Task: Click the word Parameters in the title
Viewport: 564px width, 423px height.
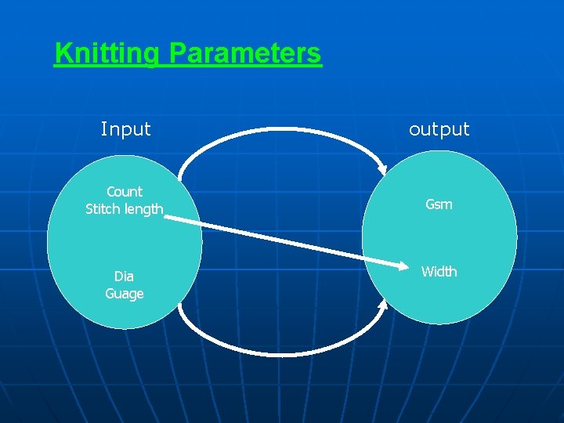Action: coord(244,54)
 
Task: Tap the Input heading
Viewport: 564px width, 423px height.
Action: coord(125,129)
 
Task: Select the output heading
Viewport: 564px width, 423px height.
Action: coord(439,129)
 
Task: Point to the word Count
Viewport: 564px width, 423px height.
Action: coord(125,192)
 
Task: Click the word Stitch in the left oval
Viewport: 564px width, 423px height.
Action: coord(103,209)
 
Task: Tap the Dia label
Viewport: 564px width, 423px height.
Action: coord(124,277)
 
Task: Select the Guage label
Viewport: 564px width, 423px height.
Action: coord(125,294)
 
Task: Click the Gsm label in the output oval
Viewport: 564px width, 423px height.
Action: coord(439,204)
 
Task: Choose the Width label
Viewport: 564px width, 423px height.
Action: coord(439,272)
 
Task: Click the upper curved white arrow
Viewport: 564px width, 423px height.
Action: coord(282,129)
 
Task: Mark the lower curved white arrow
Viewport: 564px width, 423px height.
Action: coord(282,354)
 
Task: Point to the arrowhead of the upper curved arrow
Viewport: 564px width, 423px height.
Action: coord(382,168)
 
